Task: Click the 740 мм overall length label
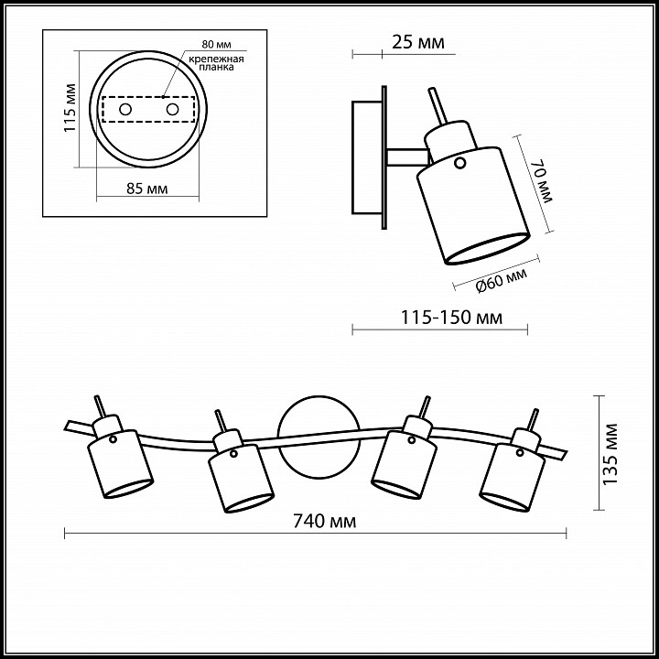click(324, 521)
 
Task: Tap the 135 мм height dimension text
click(610, 454)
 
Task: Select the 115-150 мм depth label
click(451, 318)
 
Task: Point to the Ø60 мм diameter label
click(501, 280)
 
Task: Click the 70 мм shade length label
click(546, 180)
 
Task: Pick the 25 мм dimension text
click(417, 42)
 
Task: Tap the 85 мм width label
click(147, 189)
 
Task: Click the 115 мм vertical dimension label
click(70, 108)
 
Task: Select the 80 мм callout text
click(216, 44)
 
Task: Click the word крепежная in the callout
click(216, 59)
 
